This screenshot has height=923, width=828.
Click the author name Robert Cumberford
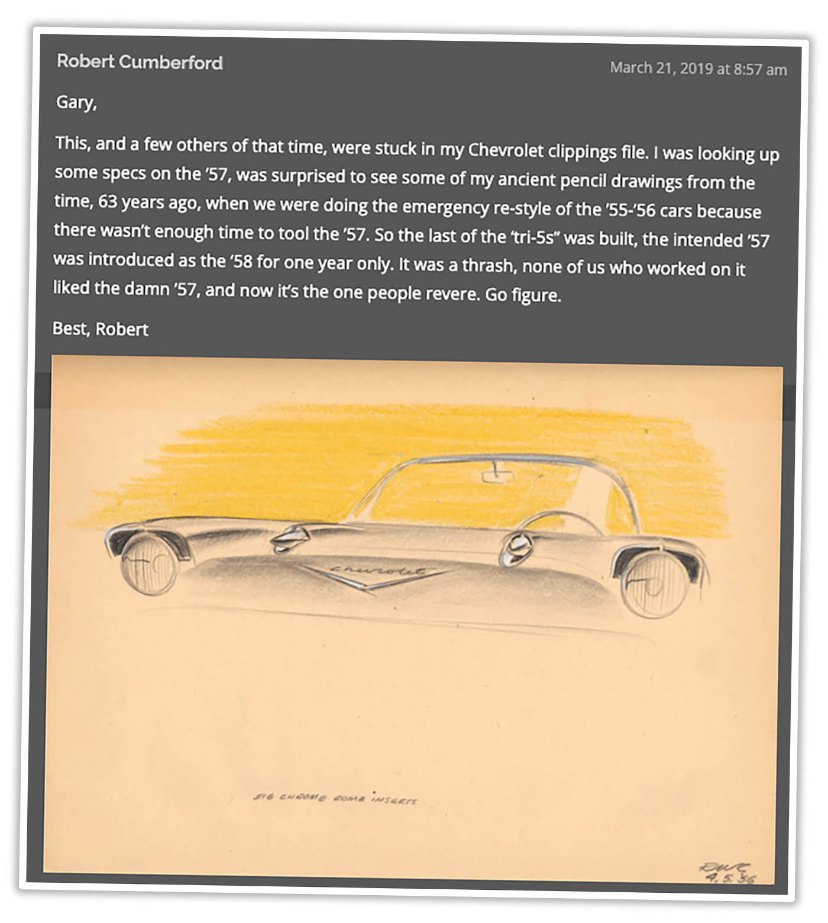pyautogui.click(x=140, y=62)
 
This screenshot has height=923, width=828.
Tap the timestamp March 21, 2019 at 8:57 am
pyautogui.click(x=698, y=69)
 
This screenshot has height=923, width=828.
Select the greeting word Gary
pyautogui.click(x=75, y=102)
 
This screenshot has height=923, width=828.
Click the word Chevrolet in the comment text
pyautogui.click(x=505, y=150)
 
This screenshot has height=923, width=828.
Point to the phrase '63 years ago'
pyautogui.click(x=149, y=202)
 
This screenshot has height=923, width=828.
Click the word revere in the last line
pyautogui.click(x=449, y=294)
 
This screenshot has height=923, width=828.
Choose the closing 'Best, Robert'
pyautogui.click(x=101, y=329)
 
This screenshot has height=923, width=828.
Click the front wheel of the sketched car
pyautogui.click(x=148, y=566)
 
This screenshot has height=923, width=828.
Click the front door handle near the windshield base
pyautogui.click(x=290, y=537)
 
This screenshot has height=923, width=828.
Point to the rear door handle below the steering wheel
pyautogui.click(x=515, y=548)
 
